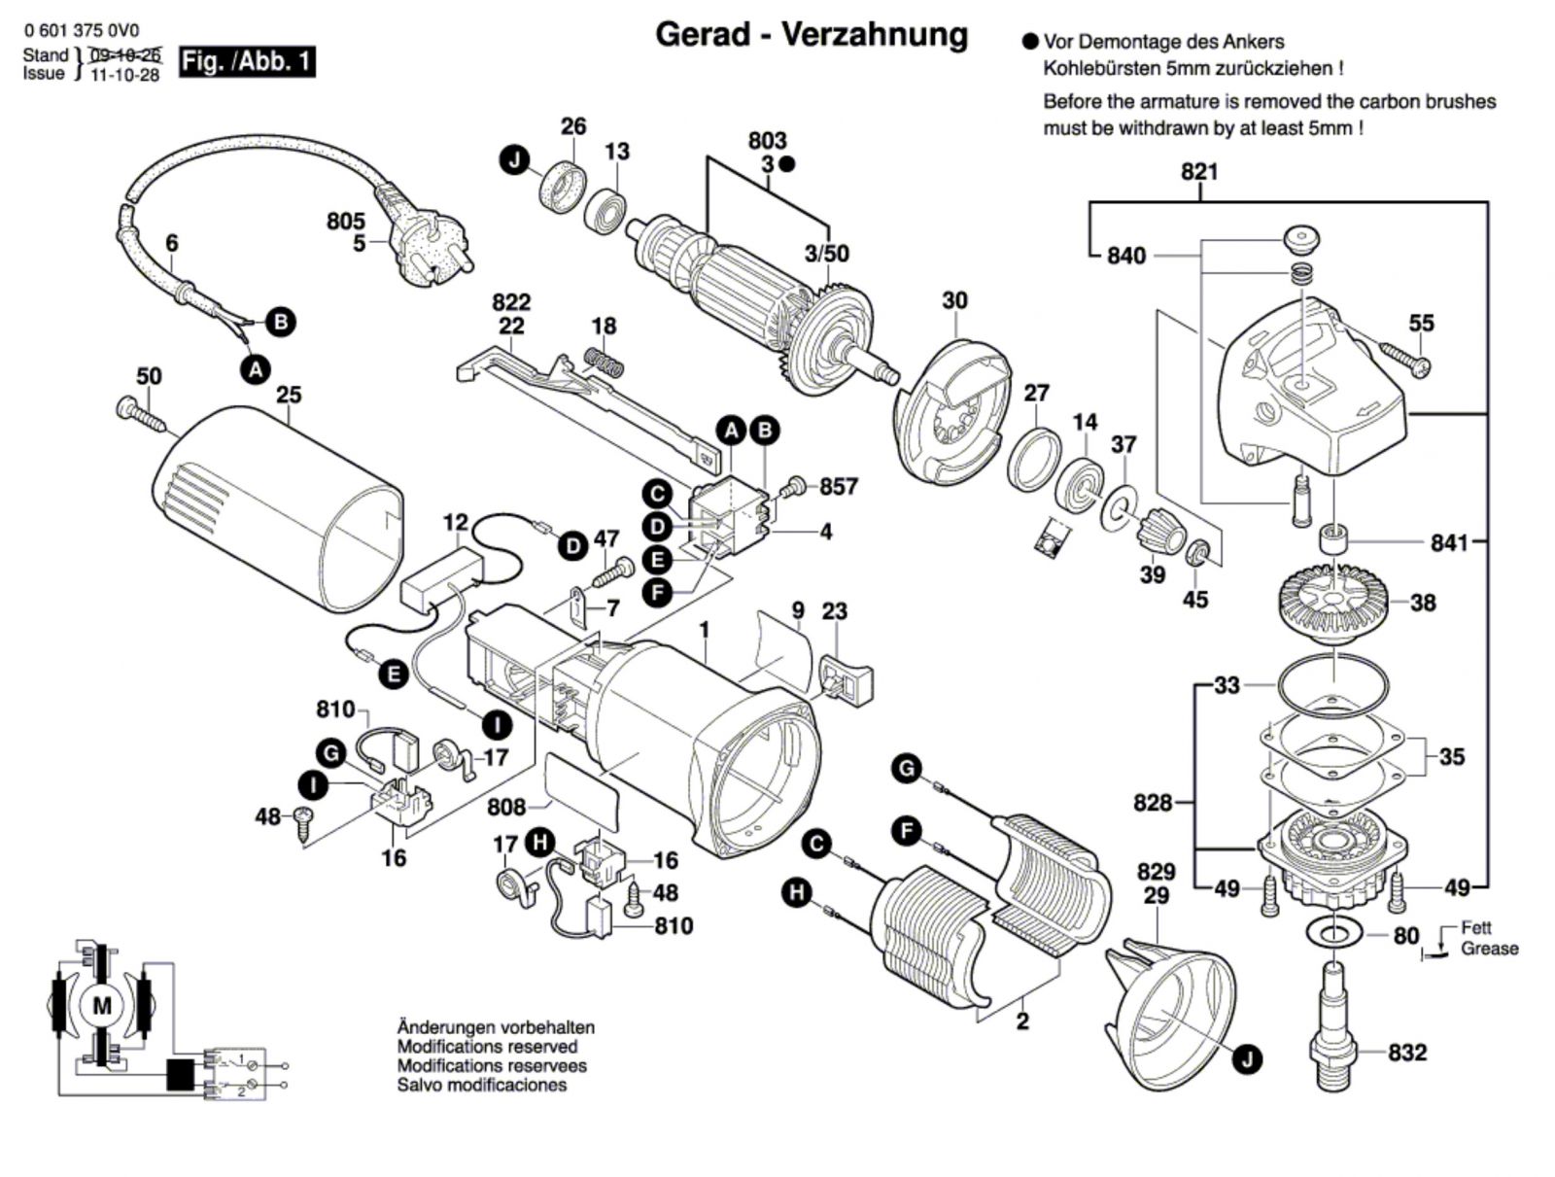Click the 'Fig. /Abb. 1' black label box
coord(247,62)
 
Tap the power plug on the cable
coord(427,232)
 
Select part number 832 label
coord(1406,1052)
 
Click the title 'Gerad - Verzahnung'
coord(812,34)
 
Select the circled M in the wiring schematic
coord(101,1006)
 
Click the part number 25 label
coord(289,395)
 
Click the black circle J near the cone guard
coord(1247,1057)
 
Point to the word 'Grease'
coord(1489,948)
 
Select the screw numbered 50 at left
coord(142,415)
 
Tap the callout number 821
coord(1199,172)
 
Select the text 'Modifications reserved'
coord(487,1047)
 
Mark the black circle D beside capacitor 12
coord(573,546)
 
